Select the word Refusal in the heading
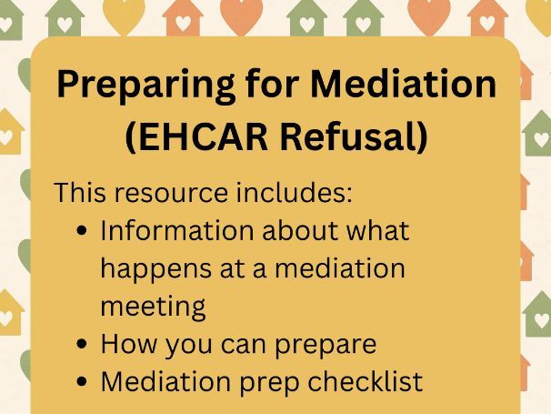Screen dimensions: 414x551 363,137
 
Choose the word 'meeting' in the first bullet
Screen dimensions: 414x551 153,308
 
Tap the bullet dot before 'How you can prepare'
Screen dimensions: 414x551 84,346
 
